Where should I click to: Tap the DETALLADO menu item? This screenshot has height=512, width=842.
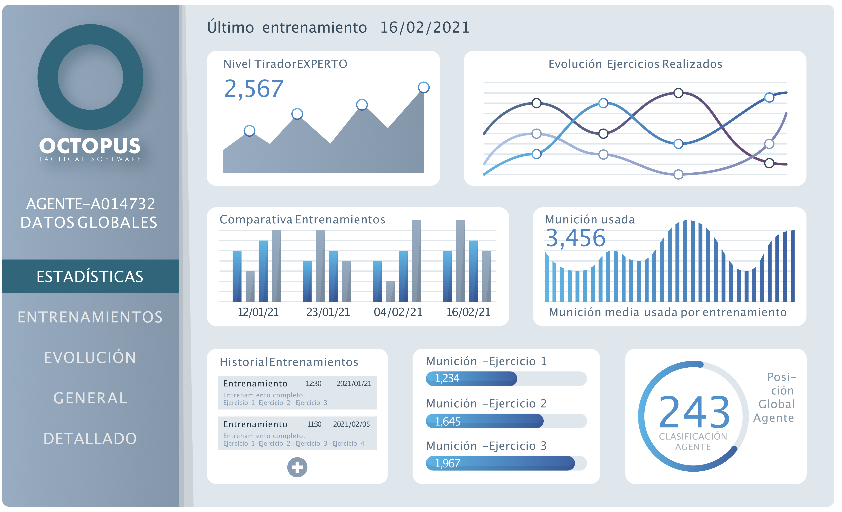pos(90,439)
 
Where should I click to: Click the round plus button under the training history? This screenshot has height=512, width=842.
pos(297,467)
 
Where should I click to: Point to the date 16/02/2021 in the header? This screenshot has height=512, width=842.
pos(425,27)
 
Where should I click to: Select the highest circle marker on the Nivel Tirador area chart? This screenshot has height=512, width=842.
pos(423,87)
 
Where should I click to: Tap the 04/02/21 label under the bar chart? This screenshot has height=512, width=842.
pos(398,312)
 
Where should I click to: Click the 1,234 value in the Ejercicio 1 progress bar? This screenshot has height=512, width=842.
pos(447,378)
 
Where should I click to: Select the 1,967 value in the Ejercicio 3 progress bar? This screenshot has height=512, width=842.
pos(447,463)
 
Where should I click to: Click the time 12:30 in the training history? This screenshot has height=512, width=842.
pos(313,384)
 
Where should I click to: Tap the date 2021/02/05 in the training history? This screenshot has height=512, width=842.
pos(351,424)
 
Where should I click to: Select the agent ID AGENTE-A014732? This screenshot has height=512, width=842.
pos(91,204)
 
